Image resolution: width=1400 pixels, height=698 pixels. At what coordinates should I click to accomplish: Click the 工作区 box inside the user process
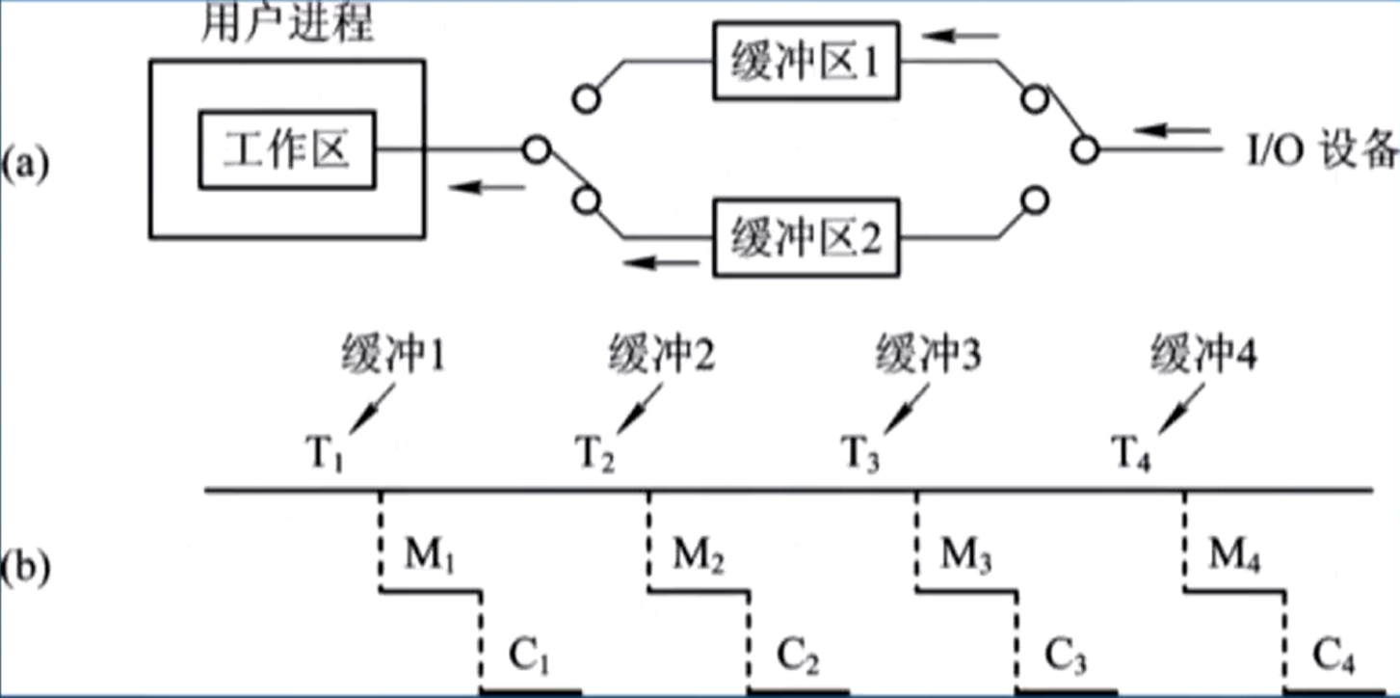[x=287, y=150]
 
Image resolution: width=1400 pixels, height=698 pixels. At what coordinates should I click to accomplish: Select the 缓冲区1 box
[x=808, y=64]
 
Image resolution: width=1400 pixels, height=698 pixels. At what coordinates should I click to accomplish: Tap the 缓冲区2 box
[x=808, y=236]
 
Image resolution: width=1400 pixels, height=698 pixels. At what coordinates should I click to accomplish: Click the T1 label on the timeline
[x=324, y=450]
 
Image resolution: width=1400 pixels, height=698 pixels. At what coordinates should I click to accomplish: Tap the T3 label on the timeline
[x=860, y=450]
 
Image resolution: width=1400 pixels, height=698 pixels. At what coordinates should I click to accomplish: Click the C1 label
[x=529, y=660]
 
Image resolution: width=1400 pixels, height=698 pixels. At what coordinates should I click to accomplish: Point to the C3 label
[x=1066, y=660]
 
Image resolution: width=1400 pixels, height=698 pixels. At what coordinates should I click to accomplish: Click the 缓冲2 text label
[x=662, y=359]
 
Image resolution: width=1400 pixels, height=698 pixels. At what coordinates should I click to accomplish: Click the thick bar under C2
[x=799, y=691]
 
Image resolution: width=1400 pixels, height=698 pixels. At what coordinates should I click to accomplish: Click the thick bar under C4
[x=1334, y=691]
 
